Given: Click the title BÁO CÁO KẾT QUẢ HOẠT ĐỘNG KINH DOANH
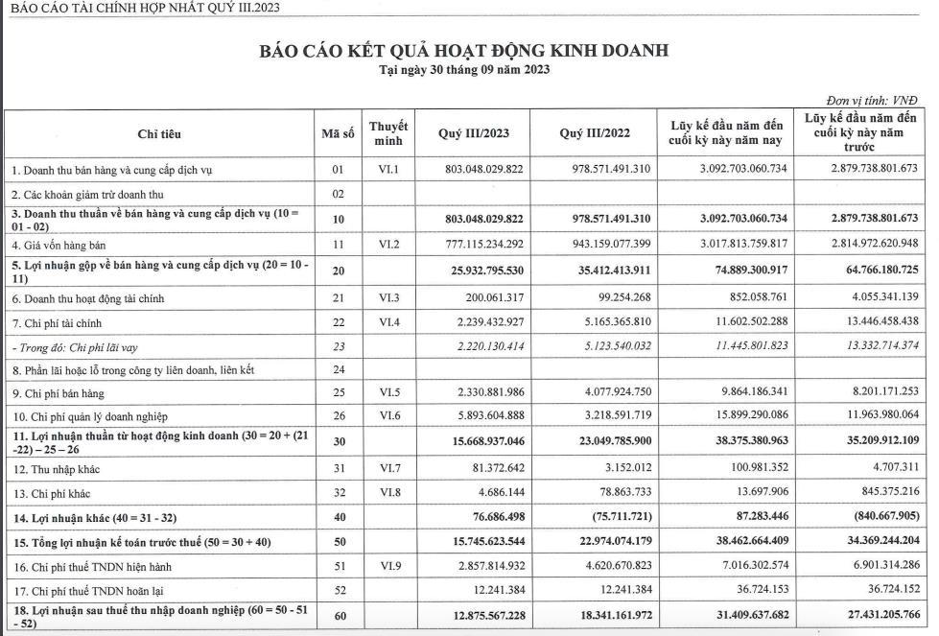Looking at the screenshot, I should pyautogui.click(x=463, y=51).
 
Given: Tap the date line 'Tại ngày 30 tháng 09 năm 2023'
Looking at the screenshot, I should pyautogui.click(x=463, y=70).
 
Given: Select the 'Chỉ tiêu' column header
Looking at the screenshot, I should pyautogui.click(x=159, y=134).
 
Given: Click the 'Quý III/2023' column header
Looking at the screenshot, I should pyautogui.click(x=473, y=134).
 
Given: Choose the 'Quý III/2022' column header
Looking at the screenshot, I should pyautogui.click(x=595, y=134).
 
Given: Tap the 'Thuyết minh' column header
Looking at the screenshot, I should pyautogui.click(x=388, y=134).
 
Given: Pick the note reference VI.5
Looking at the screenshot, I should pyautogui.click(x=388, y=392).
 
